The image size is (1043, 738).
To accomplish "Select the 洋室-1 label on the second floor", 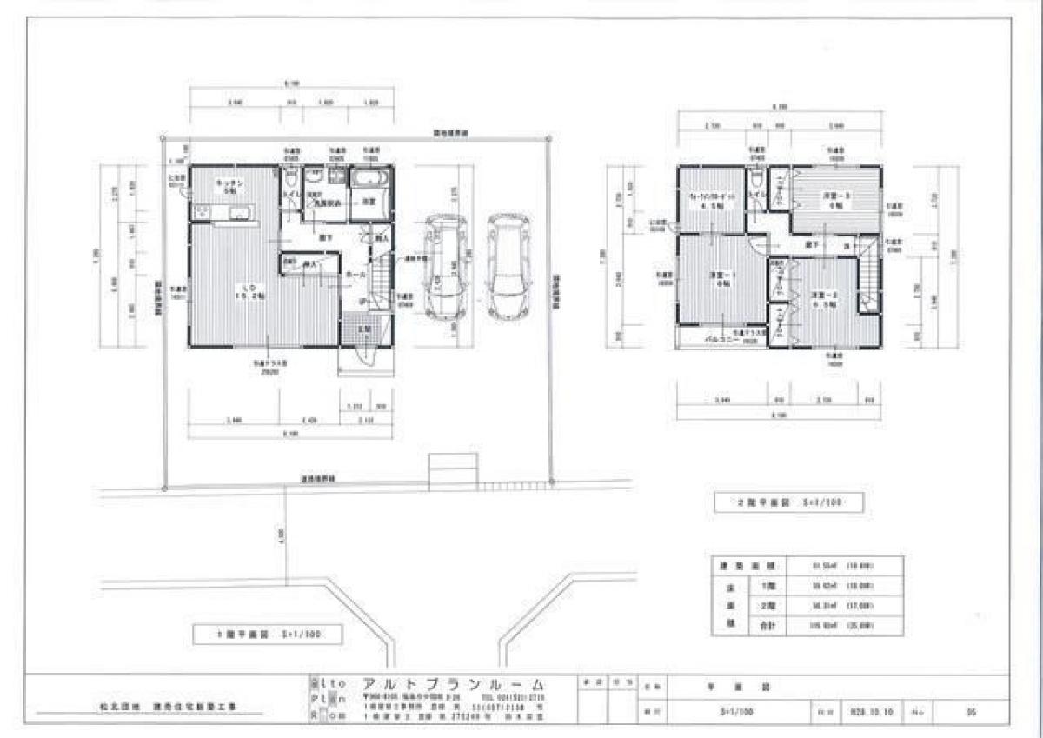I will pos(722,280).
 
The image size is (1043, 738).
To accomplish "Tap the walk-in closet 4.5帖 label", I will pos(713,202).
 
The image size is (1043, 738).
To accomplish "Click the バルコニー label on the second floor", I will pos(721,342).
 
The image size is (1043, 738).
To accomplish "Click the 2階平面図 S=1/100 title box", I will pos(776,502).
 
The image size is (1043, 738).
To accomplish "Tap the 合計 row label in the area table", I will pos(767,624).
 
